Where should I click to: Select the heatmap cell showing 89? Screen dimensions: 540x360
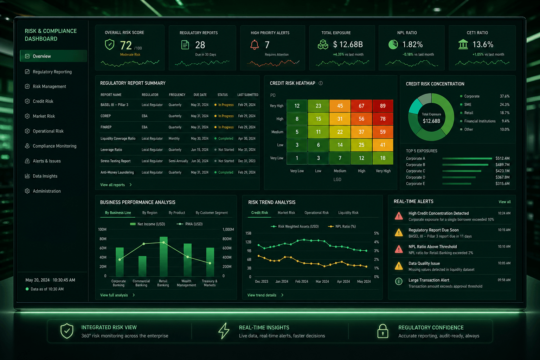382,106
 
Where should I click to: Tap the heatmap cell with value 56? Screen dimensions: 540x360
361,119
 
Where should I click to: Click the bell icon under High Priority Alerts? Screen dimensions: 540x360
254,45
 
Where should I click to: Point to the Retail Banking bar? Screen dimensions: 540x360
163,256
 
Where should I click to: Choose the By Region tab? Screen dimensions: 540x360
150,213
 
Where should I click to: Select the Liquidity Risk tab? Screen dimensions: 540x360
348,213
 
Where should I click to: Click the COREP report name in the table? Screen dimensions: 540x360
105,116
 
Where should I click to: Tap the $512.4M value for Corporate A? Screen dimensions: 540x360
502,159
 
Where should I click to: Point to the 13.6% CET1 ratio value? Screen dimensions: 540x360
483,45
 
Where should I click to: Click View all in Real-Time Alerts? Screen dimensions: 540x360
504,202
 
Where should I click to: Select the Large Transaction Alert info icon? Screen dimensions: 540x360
399,281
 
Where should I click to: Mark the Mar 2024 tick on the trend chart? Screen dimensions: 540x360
322,281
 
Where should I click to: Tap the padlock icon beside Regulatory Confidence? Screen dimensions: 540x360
382,331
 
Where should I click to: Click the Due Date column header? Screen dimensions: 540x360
200,95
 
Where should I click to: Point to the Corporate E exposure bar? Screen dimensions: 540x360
457,184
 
